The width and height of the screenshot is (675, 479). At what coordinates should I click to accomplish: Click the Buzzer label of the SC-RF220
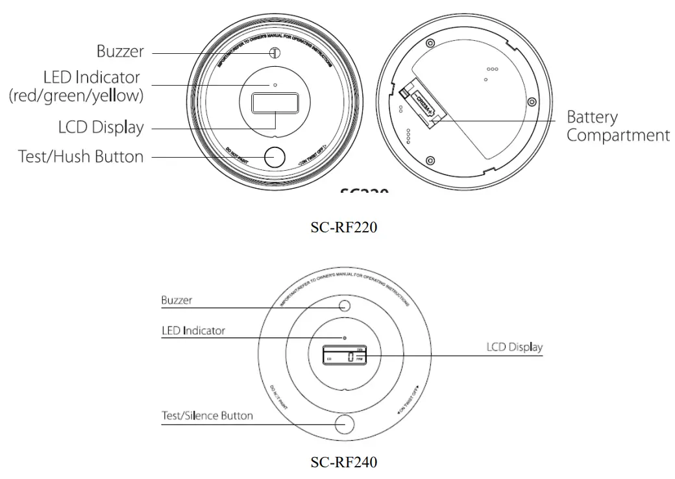(x=120, y=51)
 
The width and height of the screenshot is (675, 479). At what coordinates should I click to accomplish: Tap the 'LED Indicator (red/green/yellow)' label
(x=77, y=86)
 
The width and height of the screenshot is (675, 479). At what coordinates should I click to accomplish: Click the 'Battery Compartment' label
(x=617, y=127)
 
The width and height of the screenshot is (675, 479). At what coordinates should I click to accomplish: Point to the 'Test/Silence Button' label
(x=207, y=415)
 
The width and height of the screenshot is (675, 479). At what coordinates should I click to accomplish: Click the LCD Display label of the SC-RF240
(x=514, y=347)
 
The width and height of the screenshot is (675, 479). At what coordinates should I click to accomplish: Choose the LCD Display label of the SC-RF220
(x=101, y=128)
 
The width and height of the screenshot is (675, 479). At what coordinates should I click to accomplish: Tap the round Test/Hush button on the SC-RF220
(x=275, y=157)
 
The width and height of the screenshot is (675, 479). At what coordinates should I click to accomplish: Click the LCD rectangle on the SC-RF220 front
(x=275, y=103)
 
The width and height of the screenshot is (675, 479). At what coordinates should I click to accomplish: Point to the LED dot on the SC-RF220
(x=275, y=85)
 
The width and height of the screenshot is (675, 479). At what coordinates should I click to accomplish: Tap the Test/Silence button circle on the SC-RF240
(x=345, y=424)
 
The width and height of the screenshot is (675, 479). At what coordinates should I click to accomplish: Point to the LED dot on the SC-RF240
(x=345, y=338)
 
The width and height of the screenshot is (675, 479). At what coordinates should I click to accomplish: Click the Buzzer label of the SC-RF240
(x=176, y=301)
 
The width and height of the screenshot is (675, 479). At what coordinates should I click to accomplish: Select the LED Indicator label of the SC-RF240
(x=193, y=330)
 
